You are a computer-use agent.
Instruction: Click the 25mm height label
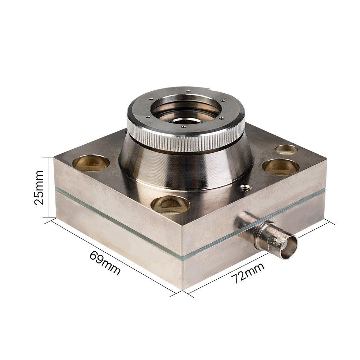point(39,187)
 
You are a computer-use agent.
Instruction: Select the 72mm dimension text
point(248,273)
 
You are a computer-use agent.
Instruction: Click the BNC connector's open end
point(288,247)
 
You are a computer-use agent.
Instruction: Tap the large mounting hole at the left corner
point(91,163)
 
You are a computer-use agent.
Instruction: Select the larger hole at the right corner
point(280,167)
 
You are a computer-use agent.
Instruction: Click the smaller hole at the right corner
point(287,149)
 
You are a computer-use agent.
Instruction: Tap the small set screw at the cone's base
point(245,187)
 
